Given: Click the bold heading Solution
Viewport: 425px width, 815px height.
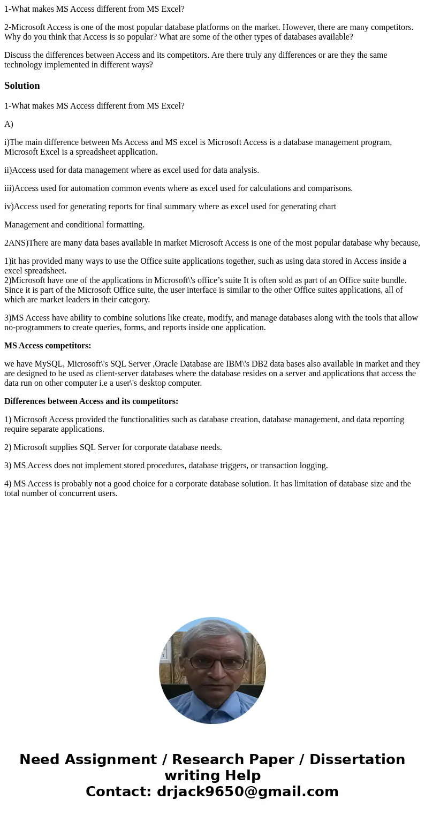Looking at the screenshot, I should [x=22, y=86].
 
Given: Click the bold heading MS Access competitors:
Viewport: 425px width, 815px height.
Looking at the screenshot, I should [x=48, y=346].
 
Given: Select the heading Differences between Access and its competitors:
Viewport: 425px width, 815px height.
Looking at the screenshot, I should [x=91, y=401].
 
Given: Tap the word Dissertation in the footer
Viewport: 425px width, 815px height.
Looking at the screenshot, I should [x=357, y=760].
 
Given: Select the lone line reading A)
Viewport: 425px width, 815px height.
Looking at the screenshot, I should [x=9, y=124].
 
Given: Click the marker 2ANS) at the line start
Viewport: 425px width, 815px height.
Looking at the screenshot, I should [x=16, y=243].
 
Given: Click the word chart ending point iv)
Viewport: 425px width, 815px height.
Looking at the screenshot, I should [x=327, y=207].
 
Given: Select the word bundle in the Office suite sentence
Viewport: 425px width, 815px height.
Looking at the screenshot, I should [x=392, y=280].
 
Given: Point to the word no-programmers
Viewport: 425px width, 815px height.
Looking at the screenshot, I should [x=29, y=327].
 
